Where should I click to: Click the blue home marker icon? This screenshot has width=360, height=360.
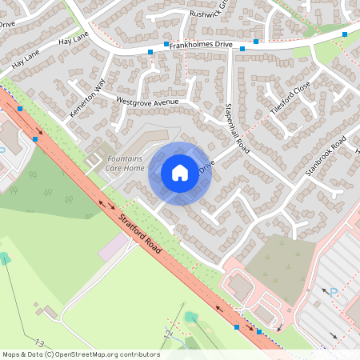[x=180, y=173]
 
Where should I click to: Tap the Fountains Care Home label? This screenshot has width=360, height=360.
[x=126, y=164]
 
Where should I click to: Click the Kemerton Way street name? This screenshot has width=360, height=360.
[x=87, y=98]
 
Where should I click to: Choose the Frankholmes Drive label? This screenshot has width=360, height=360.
[x=201, y=46]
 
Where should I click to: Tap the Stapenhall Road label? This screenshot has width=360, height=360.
[x=238, y=128]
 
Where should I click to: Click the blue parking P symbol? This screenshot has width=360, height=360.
[x=333, y=294]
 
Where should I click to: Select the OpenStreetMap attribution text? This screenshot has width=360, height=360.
[x=81, y=354]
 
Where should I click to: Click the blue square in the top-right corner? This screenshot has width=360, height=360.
[x=345, y=34]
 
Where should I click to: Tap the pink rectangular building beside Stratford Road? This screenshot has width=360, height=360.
[x=113, y=246]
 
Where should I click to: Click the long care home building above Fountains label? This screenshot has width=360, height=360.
[x=148, y=138]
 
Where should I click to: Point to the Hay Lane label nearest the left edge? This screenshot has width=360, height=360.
[x=25, y=59]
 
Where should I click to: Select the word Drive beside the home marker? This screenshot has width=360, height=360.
[x=206, y=168]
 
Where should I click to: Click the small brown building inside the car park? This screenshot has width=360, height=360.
[x=240, y=286]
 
